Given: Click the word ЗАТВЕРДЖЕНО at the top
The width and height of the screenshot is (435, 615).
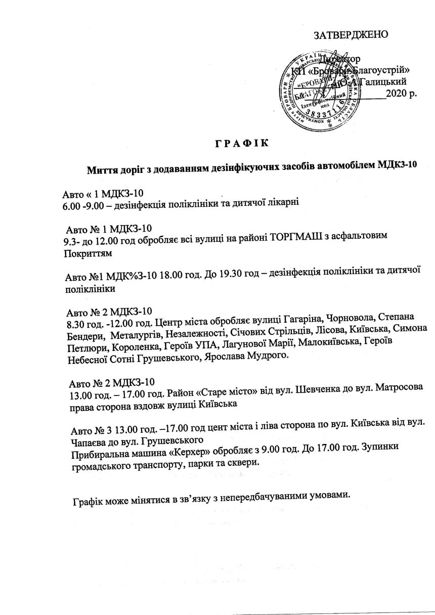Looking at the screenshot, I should [x=351, y=35].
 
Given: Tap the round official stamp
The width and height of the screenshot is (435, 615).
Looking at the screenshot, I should [x=323, y=89].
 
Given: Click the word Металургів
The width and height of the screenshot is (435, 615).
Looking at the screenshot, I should [x=139, y=335].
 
